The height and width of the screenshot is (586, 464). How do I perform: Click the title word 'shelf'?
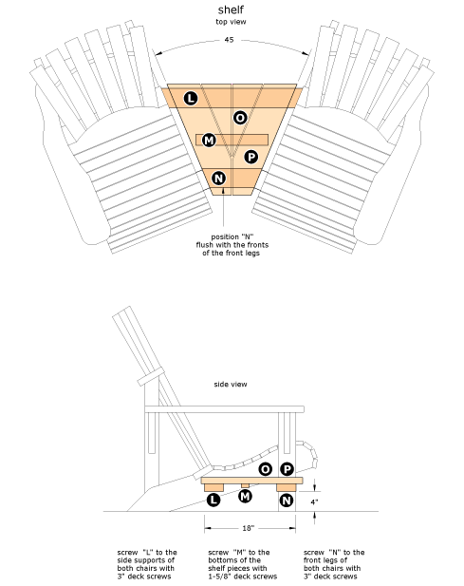[231, 9]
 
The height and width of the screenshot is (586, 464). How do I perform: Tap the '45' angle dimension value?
[230, 40]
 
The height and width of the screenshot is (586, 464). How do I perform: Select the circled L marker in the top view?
[191, 99]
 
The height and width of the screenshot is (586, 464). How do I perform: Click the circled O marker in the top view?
[240, 118]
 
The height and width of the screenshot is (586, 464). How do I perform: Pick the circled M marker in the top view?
[209, 141]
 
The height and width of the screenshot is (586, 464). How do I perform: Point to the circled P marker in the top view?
[251, 157]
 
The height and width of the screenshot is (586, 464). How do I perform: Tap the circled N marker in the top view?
[219, 179]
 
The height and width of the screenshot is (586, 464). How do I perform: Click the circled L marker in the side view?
[213, 500]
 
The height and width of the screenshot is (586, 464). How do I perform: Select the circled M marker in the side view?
[245, 497]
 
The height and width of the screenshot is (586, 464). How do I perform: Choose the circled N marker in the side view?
[287, 501]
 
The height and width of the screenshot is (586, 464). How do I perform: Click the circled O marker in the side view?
[266, 469]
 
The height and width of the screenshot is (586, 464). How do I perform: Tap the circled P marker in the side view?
[288, 469]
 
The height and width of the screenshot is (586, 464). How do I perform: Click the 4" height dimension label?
[314, 502]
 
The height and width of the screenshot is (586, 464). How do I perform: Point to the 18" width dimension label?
[249, 528]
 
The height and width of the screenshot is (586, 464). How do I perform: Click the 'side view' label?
[231, 385]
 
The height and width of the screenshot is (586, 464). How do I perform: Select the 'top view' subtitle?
[231, 22]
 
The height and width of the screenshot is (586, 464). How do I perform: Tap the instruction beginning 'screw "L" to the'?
[147, 564]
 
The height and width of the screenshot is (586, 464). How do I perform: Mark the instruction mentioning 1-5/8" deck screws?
[243, 564]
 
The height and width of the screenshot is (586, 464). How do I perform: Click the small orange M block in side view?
[245, 486]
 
